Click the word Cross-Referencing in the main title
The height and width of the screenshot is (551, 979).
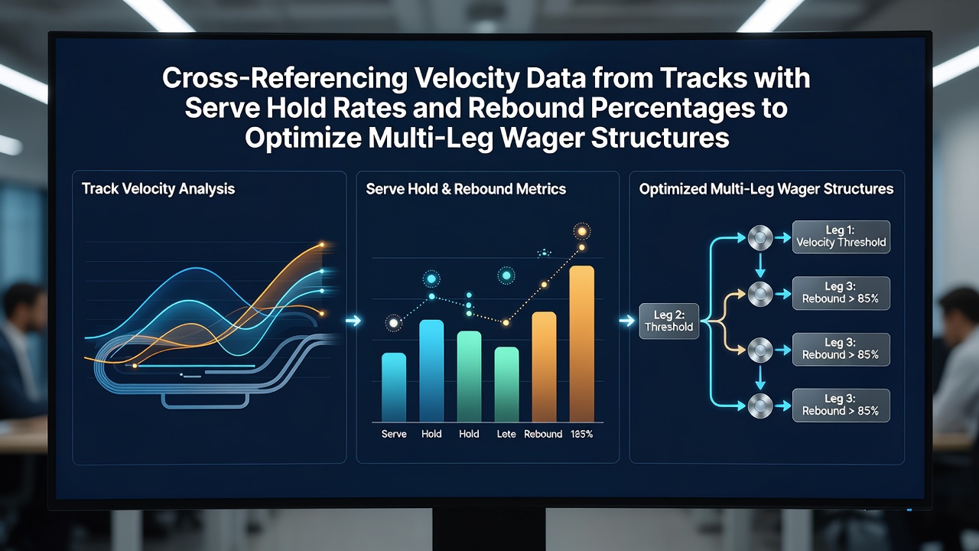click(285, 78)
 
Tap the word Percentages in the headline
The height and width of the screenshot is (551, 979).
click(672, 108)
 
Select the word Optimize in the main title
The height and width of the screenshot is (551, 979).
click(303, 138)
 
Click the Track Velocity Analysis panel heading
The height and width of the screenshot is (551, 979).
click(158, 189)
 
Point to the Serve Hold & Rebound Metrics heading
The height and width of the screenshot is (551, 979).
click(466, 189)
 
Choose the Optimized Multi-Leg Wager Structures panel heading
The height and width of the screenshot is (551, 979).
click(766, 189)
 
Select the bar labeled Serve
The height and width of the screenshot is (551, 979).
click(394, 387)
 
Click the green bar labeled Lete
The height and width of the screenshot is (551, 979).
click(506, 384)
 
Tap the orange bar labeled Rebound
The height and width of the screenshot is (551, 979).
click(544, 367)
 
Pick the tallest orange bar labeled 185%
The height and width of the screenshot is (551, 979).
click(582, 344)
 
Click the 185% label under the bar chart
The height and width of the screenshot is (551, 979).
click(582, 434)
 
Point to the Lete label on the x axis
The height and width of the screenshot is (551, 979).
click(506, 434)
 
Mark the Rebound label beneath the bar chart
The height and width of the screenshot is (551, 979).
click(543, 434)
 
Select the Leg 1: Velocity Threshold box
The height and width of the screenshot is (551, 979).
click(841, 237)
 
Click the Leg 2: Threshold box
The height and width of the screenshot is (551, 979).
click(669, 321)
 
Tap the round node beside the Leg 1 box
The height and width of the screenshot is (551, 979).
click(760, 238)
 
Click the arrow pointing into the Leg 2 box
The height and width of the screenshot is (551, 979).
click(627, 321)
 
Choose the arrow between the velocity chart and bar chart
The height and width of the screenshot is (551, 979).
click(353, 321)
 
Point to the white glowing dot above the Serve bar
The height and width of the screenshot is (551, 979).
click(393, 323)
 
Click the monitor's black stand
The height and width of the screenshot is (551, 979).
click(489, 530)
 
